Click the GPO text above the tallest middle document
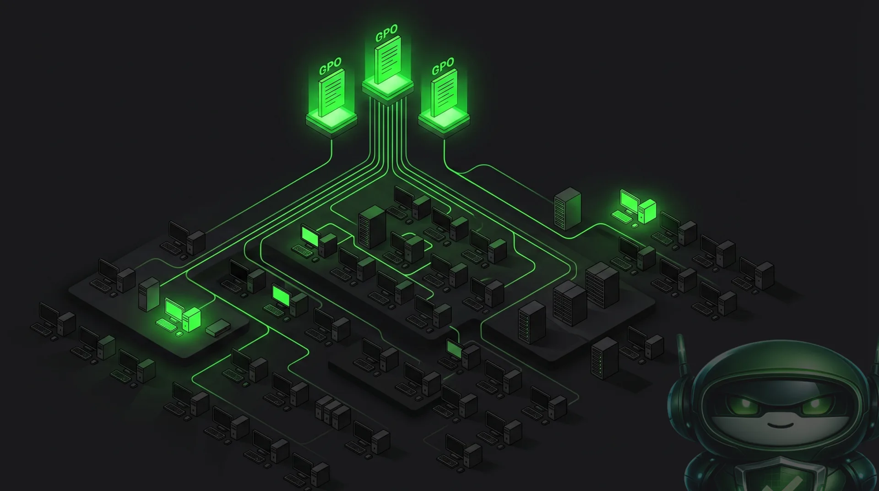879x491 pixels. (x=387, y=33)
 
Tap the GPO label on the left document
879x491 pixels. (x=330, y=66)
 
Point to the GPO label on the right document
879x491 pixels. (x=443, y=66)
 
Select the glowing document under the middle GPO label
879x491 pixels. (x=388, y=60)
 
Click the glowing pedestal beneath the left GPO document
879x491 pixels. (x=331, y=121)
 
